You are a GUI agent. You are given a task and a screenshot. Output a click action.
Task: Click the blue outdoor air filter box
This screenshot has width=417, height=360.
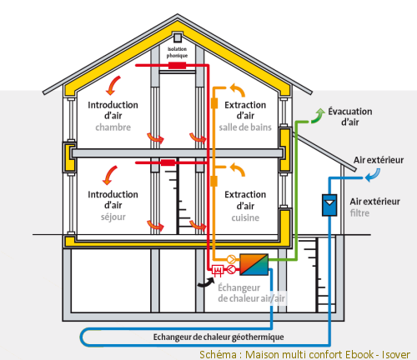point(329,205)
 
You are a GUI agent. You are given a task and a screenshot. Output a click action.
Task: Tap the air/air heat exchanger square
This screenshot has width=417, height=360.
point(254,264)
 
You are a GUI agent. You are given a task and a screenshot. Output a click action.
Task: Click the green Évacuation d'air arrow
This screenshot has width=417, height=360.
point(319,116)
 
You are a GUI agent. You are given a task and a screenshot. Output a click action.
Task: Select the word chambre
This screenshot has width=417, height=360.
point(113,127)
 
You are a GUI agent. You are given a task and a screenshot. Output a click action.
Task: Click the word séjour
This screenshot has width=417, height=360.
point(113,217)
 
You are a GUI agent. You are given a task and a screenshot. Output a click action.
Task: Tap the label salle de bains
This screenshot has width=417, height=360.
point(245,127)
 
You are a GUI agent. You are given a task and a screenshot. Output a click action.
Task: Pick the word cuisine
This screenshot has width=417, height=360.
point(245,217)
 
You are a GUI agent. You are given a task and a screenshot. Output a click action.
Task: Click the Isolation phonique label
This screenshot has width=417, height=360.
point(177,52)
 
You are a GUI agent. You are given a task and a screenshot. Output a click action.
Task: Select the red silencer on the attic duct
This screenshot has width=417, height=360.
point(177,66)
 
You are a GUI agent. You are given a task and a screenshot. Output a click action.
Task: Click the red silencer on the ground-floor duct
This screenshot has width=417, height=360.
point(168,162)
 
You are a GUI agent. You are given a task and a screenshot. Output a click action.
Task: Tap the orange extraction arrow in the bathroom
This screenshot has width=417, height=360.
point(238,89)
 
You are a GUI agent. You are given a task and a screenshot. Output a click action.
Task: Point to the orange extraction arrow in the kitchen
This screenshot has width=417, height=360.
point(238,169)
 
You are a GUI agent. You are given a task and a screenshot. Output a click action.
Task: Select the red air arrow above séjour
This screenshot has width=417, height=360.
point(109,176)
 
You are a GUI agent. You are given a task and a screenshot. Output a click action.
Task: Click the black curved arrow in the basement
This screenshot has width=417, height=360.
point(206,282)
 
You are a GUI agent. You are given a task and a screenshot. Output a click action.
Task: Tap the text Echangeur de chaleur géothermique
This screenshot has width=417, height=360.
point(219,337)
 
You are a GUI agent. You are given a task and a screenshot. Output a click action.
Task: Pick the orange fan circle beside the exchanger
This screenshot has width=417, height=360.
point(231,259)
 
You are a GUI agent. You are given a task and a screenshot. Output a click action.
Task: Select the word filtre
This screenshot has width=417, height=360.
point(359,213)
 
